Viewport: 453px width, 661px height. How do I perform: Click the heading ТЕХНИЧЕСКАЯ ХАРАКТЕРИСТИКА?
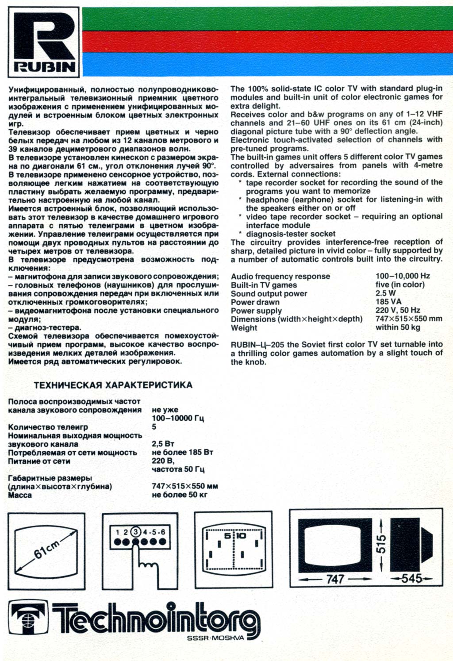tap(113, 385)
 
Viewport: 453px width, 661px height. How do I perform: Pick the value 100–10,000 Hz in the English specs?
tap(403, 276)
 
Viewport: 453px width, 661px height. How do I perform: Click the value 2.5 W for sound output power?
tap(386, 293)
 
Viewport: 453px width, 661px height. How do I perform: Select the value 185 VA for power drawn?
tap(388, 302)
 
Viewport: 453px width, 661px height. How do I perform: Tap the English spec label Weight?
tap(244, 328)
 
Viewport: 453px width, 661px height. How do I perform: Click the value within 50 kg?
tap(398, 327)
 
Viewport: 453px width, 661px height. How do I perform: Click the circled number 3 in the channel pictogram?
tap(136, 532)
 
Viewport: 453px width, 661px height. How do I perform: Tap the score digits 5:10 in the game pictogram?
tap(235, 536)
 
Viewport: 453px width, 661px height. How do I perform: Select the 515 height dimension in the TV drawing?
tap(381, 544)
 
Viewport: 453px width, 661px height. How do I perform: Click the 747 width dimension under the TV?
tap(335, 579)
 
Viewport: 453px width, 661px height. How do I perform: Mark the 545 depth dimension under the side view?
tap(411, 578)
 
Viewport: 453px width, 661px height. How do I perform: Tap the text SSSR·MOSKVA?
tap(215, 638)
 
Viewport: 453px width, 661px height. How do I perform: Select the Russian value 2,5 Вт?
tap(163, 444)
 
